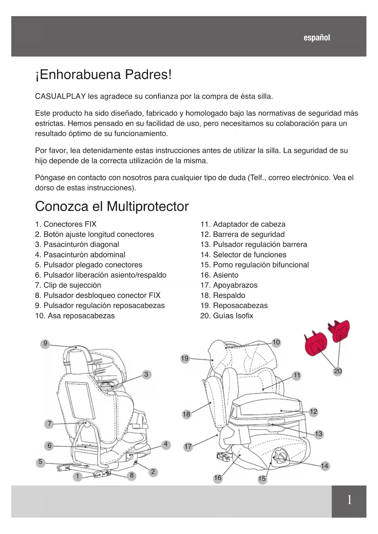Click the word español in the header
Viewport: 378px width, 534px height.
point(316,38)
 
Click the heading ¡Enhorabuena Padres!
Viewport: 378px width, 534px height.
point(104,75)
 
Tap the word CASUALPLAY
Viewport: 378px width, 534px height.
point(60,97)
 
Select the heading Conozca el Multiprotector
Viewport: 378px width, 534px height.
point(112,206)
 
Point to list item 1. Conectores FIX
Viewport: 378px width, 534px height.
point(66,224)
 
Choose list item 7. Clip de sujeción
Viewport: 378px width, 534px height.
point(68,285)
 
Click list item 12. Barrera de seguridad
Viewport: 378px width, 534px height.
point(242,234)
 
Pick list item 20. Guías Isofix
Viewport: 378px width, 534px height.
point(227,316)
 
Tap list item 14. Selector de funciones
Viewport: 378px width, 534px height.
point(243,255)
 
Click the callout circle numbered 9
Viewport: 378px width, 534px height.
point(45,344)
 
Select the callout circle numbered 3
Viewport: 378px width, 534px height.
point(146,374)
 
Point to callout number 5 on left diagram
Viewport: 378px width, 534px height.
point(40,462)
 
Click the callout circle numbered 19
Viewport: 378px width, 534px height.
point(185,359)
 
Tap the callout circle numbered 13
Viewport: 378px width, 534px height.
point(318,434)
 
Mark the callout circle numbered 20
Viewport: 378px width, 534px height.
point(338,371)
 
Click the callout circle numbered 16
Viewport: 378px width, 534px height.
point(217,478)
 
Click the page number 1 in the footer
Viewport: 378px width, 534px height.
point(349,500)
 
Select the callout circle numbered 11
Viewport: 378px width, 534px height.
point(297,375)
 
